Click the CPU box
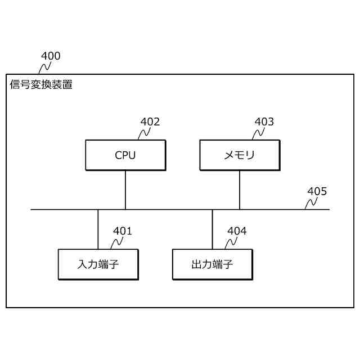(x=125, y=155)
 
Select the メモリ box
(x=240, y=155)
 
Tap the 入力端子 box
(x=98, y=264)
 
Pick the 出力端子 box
(x=213, y=264)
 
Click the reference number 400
(x=51, y=56)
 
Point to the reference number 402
(x=150, y=121)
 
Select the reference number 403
(x=264, y=121)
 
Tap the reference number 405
(x=317, y=191)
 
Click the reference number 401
(x=123, y=231)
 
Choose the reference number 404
(x=237, y=231)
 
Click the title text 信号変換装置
(x=41, y=85)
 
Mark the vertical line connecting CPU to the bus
(x=125, y=190)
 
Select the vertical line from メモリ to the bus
(x=240, y=190)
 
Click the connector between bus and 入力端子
(x=98, y=229)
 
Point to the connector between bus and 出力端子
(x=212, y=229)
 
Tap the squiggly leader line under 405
(x=309, y=203)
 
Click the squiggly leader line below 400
(x=44, y=68)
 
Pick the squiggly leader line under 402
(x=143, y=133)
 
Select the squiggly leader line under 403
(x=258, y=133)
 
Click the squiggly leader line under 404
(x=231, y=242)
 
